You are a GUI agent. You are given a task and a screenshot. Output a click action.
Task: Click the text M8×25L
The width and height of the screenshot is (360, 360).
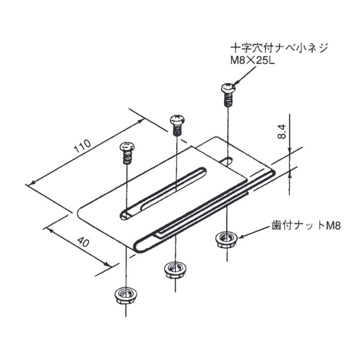(252, 60)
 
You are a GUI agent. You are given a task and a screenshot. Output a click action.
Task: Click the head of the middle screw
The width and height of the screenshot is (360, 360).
(176, 120)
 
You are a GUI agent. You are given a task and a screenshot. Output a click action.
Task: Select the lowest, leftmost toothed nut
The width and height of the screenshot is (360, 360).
(124, 296)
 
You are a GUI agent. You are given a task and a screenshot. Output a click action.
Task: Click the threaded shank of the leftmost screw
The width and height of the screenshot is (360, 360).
(127, 158)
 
